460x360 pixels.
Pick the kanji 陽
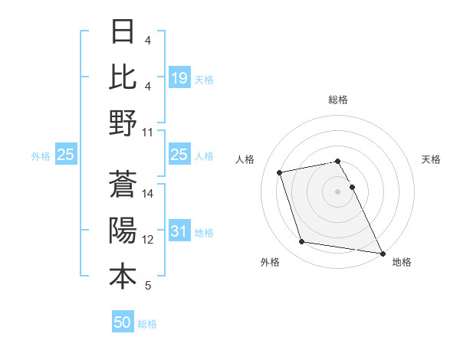pyautogui.click(x=123, y=231)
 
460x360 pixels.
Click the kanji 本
pyautogui.click(x=123, y=277)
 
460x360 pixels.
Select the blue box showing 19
pyautogui.click(x=179, y=78)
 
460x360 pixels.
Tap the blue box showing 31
pyautogui.click(x=179, y=232)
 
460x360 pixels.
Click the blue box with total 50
pyautogui.click(x=123, y=322)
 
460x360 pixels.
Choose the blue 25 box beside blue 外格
pyautogui.click(x=66, y=155)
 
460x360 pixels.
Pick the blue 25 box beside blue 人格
pyautogui.click(x=179, y=155)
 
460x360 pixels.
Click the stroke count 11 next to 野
pyautogui.click(x=148, y=133)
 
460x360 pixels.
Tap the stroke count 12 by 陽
pyautogui.click(x=148, y=240)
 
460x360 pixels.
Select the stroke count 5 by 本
pyautogui.click(x=148, y=286)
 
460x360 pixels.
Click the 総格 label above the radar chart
pyautogui.click(x=338, y=100)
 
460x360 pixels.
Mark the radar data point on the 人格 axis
pyautogui.click(x=280, y=172)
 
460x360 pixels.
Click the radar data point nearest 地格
pyautogui.click(x=383, y=252)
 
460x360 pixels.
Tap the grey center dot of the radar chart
pyautogui.click(x=338, y=191)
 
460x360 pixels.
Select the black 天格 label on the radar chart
pyautogui.click(x=431, y=159)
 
